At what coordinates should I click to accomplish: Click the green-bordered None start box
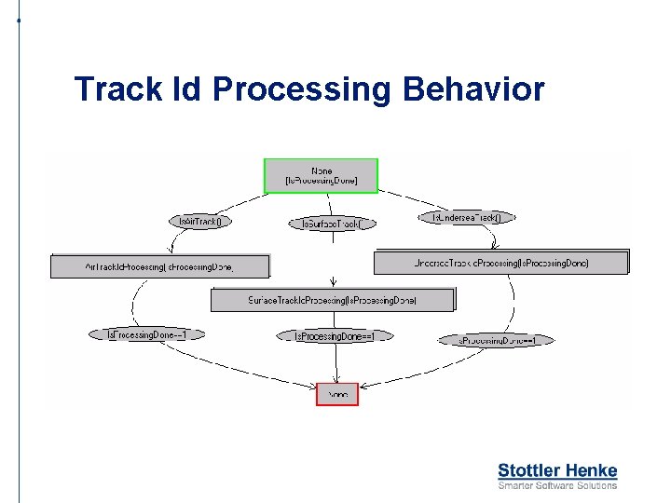[x=322, y=176]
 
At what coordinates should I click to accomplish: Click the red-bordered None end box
[x=337, y=394]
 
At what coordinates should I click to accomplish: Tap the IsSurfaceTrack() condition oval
[x=333, y=224]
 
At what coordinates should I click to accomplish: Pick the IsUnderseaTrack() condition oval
[x=466, y=217]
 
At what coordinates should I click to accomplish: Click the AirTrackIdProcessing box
[x=159, y=266]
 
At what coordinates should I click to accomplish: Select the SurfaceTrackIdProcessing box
[x=333, y=300]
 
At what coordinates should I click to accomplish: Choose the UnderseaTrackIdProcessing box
[x=501, y=263]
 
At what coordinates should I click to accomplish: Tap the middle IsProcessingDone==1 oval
[x=335, y=335]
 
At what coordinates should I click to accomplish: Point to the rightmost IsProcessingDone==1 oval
[x=496, y=341]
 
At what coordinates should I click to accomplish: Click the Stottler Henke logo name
[x=557, y=470]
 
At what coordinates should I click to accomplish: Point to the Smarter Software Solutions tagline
[x=557, y=485]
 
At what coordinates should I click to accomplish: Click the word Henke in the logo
[x=590, y=470]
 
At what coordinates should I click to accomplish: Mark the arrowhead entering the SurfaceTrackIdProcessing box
[x=334, y=284]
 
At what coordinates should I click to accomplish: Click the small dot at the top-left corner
[x=19, y=20]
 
